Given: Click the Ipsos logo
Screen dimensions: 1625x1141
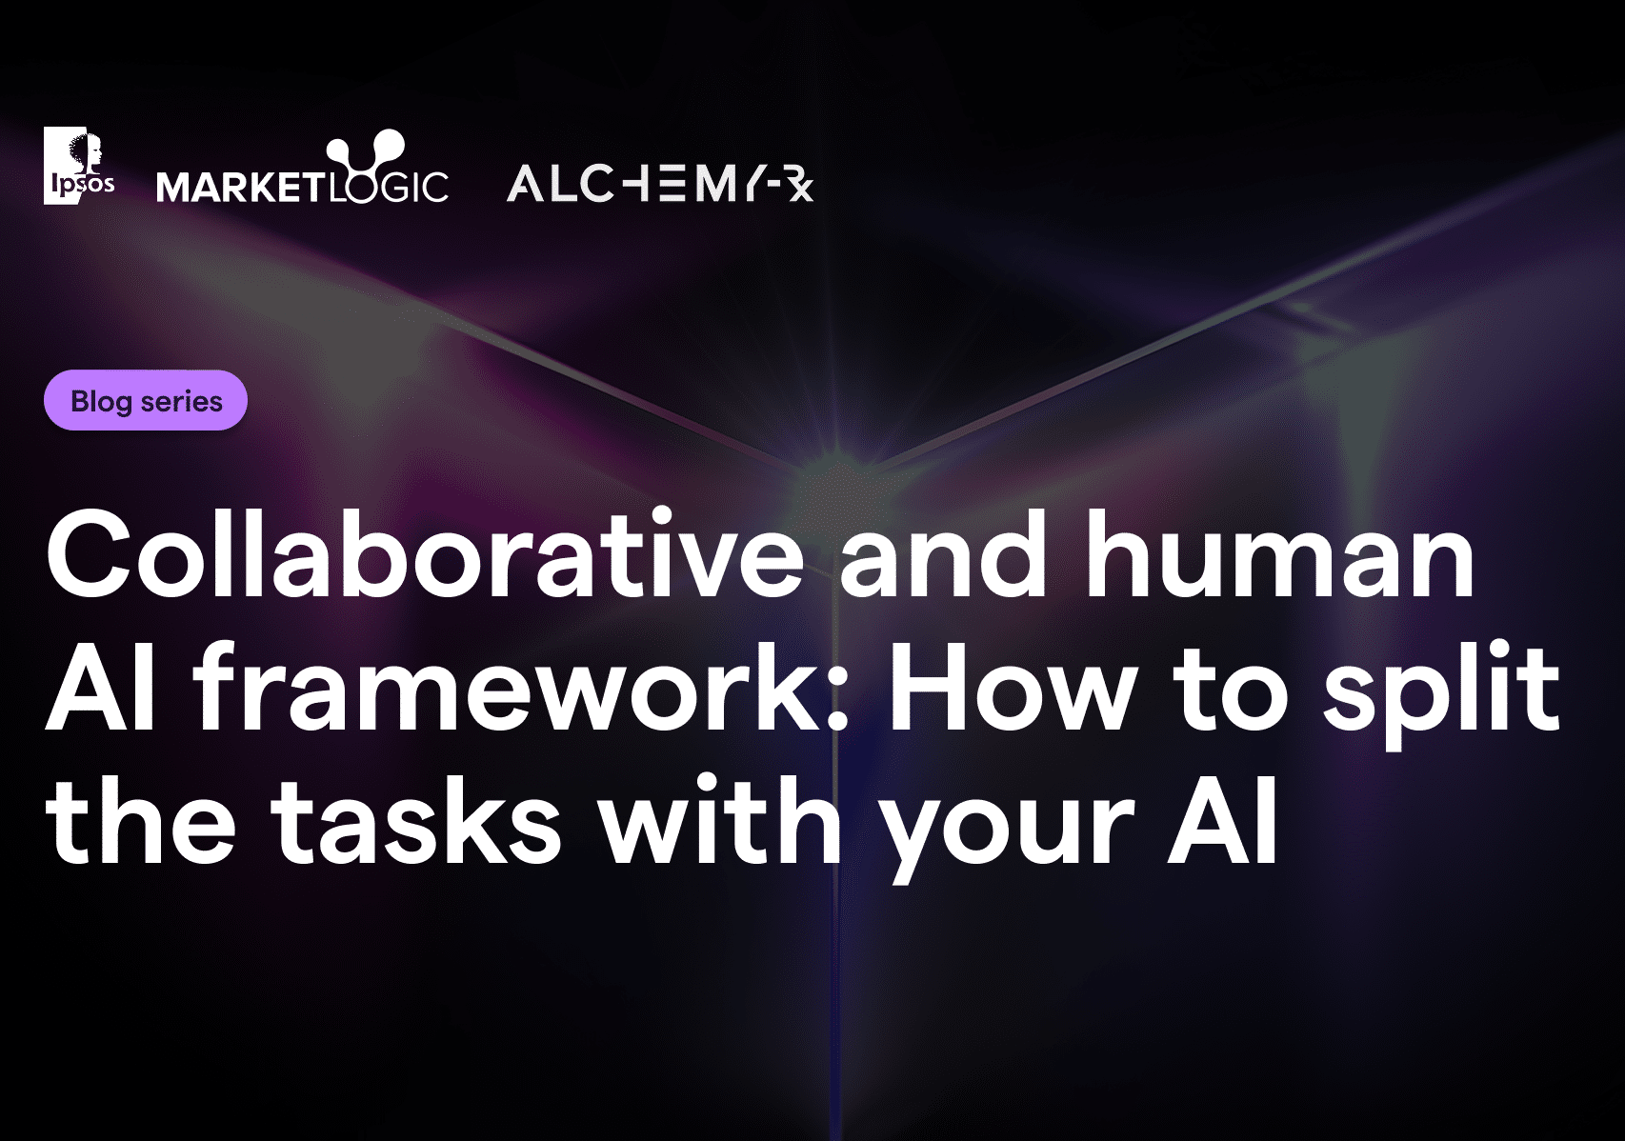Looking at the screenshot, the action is [79, 166].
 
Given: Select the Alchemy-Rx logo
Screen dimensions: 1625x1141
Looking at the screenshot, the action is [660, 183].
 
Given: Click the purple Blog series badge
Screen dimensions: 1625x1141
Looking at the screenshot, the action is [146, 400].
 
